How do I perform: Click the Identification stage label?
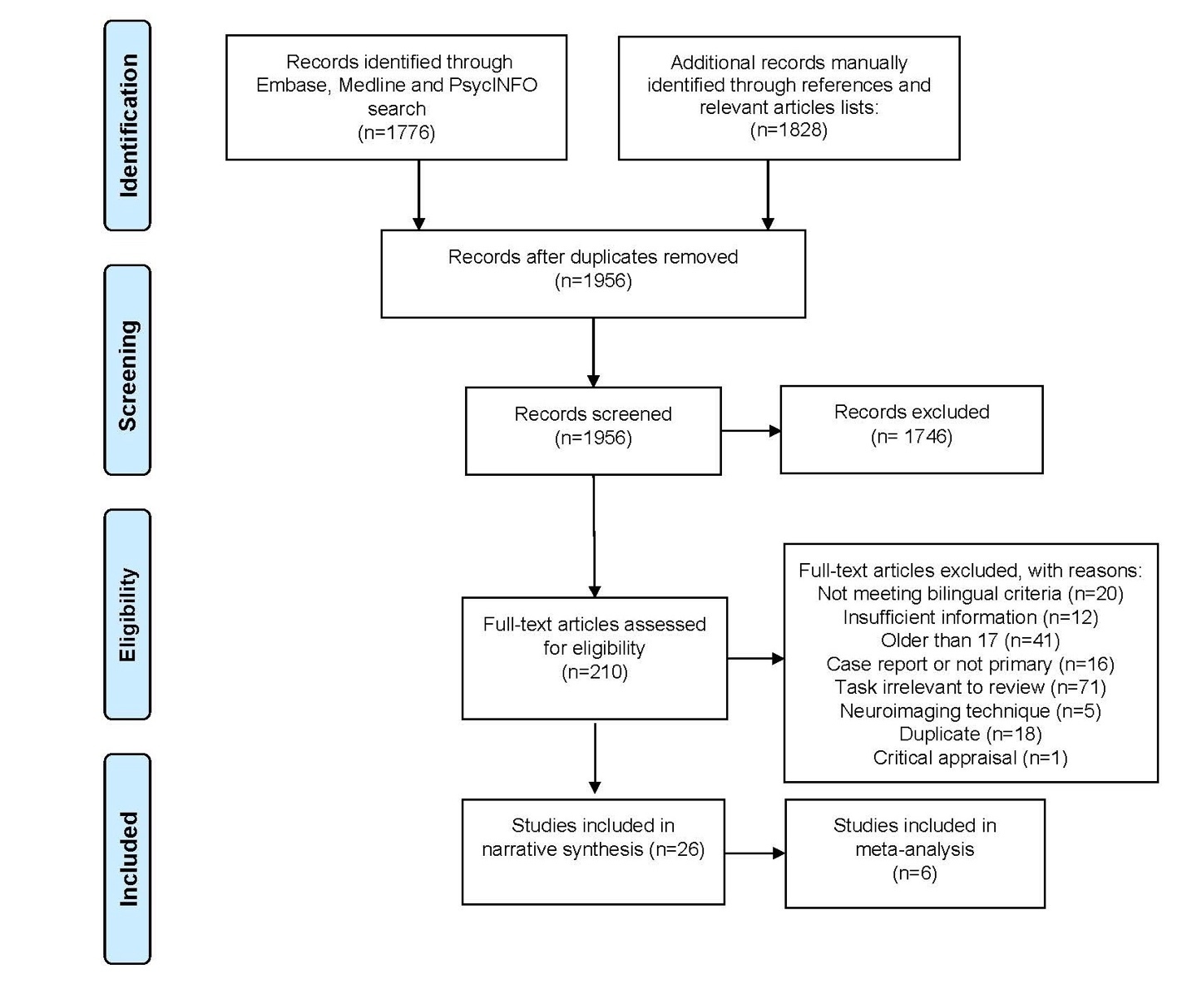coord(127,126)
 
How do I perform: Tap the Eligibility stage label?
coord(127,615)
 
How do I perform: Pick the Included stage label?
coord(127,858)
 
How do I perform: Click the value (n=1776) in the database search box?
coord(396,132)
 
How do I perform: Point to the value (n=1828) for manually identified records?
coord(789,130)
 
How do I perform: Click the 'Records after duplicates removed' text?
coord(592,257)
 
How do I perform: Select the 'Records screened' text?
coord(592,414)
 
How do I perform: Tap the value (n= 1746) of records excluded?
coord(911,437)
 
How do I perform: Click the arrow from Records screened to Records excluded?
coord(750,431)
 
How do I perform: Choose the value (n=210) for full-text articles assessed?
coord(594,672)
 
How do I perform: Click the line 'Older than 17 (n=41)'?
coord(970,640)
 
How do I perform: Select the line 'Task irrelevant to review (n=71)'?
coord(970,687)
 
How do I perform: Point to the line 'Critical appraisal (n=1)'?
coord(970,758)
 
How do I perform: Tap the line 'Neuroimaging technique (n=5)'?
coord(970,711)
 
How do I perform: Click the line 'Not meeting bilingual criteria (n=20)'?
coord(970,594)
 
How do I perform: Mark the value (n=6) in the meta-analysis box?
coord(914,873)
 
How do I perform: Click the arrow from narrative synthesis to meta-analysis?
coord(754,853)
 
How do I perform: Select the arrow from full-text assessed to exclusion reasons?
coord(755,659)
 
